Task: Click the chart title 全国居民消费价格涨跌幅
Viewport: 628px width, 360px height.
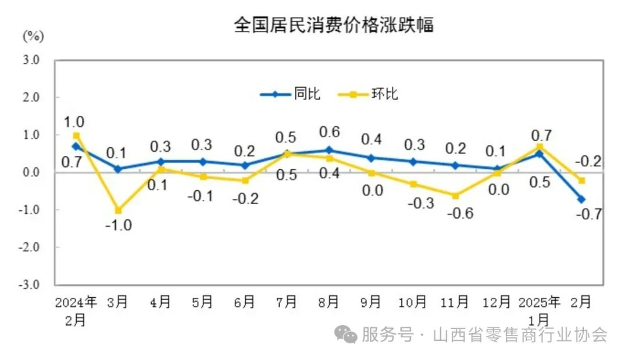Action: click(x=334, y=25)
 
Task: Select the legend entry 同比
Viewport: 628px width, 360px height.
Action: click(x=307, y=94)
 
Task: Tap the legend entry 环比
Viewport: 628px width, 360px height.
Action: click(x=384, y=94)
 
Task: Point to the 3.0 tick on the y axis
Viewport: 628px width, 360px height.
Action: click(x=31, y=60)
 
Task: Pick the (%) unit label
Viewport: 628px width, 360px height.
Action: click(x=33, y=36)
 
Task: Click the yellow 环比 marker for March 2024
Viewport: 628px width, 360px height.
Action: click(x=118, y=211)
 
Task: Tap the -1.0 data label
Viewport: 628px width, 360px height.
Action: click(x=118, y=226)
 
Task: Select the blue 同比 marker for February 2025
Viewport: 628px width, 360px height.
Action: click(x=581, y=199)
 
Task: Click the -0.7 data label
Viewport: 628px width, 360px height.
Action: click(x=588, y=214)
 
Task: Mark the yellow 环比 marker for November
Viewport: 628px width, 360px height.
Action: click(x=455, y=195)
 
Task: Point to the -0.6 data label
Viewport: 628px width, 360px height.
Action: click(x=460, y=213)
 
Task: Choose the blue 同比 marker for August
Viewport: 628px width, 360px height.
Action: click(x=329, y=150)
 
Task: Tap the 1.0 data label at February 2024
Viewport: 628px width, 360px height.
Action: click(x=74, y=122)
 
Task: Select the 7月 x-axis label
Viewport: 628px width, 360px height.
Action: click(x=287, y=302)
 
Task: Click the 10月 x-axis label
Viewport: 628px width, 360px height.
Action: click(x=413, y=302)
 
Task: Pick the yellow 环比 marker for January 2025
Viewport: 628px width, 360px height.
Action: click(x=540, y=147)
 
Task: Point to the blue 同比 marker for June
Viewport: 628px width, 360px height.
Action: click(x=245, y=165)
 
